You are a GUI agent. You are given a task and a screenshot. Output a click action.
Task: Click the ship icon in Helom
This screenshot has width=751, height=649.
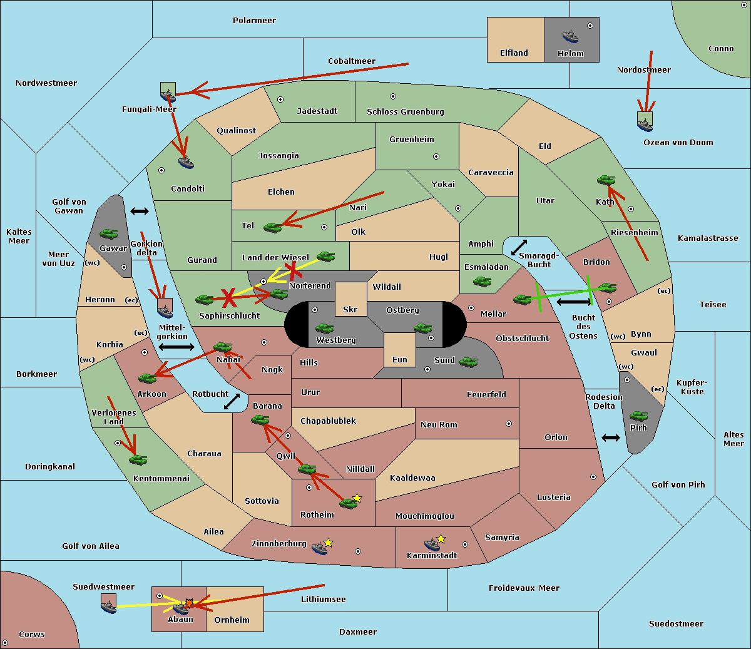pos(570,36)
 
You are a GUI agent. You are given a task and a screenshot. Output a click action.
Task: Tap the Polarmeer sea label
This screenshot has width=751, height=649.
pos(254,21)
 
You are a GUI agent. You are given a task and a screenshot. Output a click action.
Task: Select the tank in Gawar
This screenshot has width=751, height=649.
pos(109,233)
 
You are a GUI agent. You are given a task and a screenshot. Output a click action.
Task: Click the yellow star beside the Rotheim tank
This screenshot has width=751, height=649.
pos(357,498)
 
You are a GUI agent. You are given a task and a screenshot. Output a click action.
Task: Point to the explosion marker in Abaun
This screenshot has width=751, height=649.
pos(189,603)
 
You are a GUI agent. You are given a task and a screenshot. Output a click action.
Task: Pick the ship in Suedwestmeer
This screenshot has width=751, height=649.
pos(109,606)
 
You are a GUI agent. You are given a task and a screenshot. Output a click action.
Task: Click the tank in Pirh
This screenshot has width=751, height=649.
pos(638,416)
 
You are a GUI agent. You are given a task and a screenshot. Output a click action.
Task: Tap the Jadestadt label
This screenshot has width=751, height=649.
pos(317,111)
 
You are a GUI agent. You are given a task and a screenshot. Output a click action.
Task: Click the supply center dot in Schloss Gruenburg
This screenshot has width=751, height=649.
pos(393,96)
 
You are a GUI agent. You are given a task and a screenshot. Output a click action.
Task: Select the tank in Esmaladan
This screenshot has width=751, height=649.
pos(482,282)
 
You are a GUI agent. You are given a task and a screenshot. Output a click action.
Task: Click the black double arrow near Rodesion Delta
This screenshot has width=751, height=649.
pos(611,438)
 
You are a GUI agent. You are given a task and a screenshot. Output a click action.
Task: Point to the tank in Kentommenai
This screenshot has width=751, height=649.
pos(138,460)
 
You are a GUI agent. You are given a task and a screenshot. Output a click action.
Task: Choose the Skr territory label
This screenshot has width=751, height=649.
pos(350,309)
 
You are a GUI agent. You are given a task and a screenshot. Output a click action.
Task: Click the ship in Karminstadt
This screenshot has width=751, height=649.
pos(432,544)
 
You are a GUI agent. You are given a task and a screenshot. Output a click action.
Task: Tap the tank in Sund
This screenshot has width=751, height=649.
pos(468,362)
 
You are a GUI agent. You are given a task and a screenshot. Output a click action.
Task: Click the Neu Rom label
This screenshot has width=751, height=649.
pos(439,424)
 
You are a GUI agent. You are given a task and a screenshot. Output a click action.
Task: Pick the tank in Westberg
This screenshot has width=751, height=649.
pos(324,329)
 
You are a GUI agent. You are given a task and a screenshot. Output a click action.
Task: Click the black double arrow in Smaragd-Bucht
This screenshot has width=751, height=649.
pos(519,247)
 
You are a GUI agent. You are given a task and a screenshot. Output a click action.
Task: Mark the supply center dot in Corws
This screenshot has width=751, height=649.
pos(5,643)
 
